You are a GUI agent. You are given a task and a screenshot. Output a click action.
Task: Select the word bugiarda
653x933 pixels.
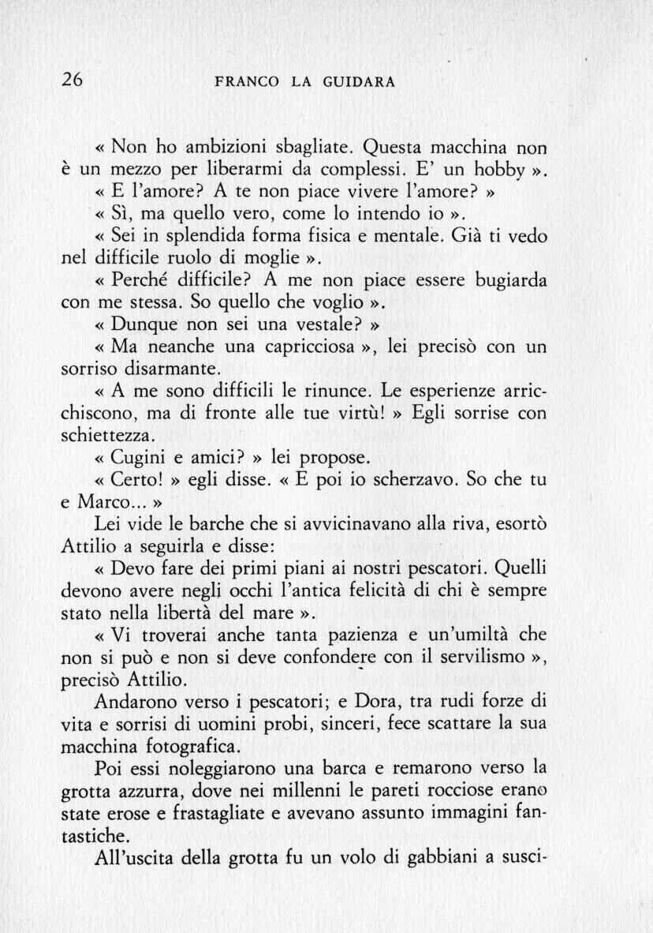point(506,280)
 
